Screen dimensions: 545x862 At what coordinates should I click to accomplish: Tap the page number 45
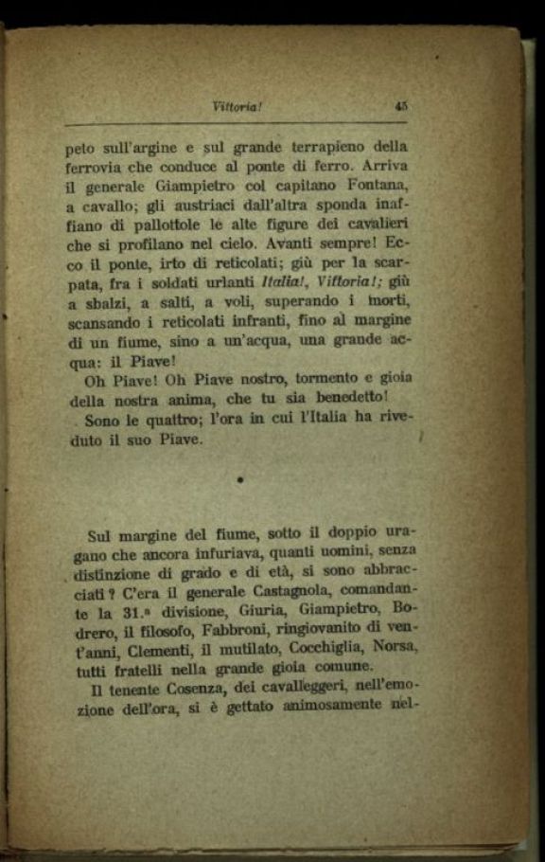(x=400, y=107)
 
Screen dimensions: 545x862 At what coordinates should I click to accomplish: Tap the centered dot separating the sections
(x=240, y=480)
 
